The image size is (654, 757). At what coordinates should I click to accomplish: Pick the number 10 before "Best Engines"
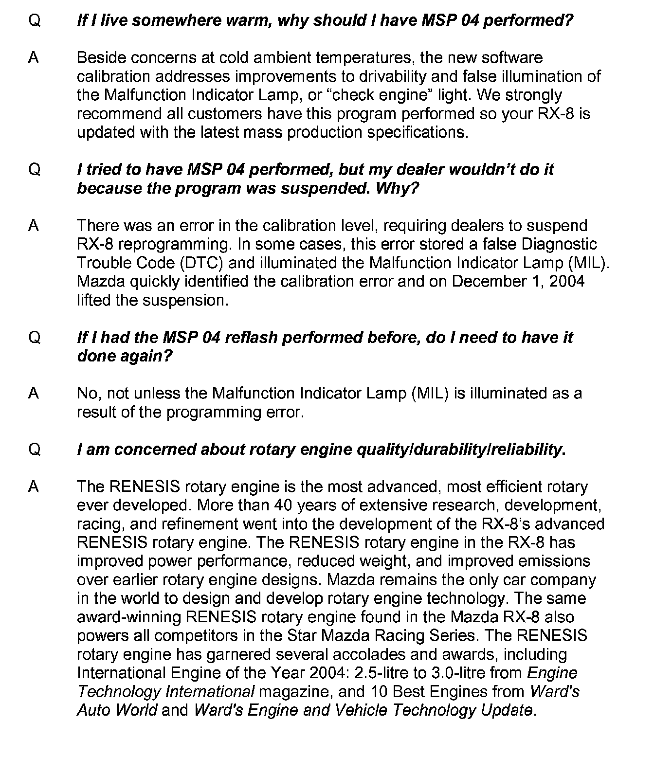pyautogui.click(x=379, y=691)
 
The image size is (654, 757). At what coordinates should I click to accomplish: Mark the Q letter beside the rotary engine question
pyautogui.click(x=35, y=449)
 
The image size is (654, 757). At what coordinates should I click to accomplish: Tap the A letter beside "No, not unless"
pyautogui.click(x=34, y=393)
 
